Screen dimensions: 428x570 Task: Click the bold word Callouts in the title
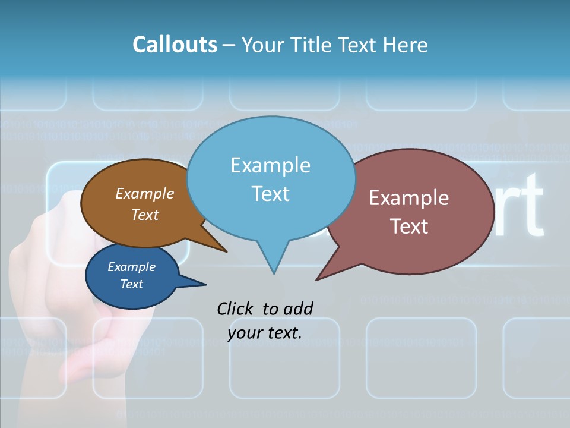(175, 45)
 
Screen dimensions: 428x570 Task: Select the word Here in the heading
(406, 45)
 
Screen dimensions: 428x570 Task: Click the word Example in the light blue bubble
(270, 165)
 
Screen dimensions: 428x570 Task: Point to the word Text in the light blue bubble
(270, 194)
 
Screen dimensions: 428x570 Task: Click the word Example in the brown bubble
(145, 193)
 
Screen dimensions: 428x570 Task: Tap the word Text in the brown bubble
(145, 215)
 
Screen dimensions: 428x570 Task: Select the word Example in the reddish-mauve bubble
(409, 198)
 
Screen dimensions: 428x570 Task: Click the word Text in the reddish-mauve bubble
(409, 226)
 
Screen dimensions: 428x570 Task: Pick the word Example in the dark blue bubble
(131, 267)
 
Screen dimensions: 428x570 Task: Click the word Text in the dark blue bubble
(131, 284)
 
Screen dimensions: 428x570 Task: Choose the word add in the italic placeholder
(298, 309)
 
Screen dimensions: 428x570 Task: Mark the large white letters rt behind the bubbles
(518, 205)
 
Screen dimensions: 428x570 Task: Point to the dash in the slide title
(229, 45)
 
